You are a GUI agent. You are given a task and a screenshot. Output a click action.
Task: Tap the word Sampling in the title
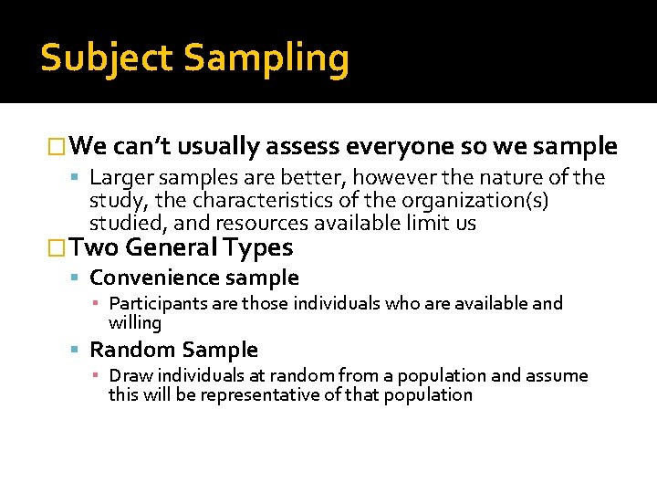point(266,58)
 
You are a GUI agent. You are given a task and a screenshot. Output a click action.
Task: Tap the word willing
point(134,322)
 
